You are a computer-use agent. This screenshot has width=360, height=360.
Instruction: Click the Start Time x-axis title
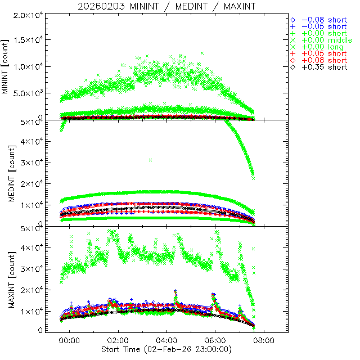pyautogui.click(x=166, y=350)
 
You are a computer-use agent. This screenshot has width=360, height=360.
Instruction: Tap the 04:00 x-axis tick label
pyautogui.click(x=167, y=340)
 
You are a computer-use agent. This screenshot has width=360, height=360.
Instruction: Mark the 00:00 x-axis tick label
pyautogui.click(x=70, y=340)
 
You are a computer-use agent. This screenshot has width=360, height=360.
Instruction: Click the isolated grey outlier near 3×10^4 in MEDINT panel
pyautogui.click(x=150, y=160)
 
